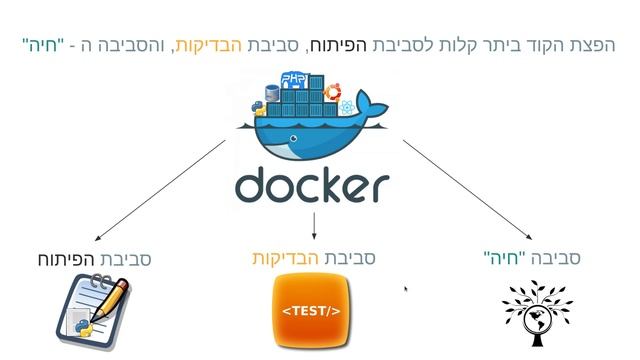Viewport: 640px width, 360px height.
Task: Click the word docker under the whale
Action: (311, 185)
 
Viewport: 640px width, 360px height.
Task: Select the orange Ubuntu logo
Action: (345, 107)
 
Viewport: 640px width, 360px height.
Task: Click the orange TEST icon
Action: (311, 310)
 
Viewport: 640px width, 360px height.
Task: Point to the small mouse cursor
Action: (405, 290)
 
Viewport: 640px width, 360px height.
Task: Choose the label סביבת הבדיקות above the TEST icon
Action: (313, 258)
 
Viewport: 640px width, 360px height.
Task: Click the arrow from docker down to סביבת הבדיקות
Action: (314, 225)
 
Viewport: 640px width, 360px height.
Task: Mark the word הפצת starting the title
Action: (594, 45)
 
